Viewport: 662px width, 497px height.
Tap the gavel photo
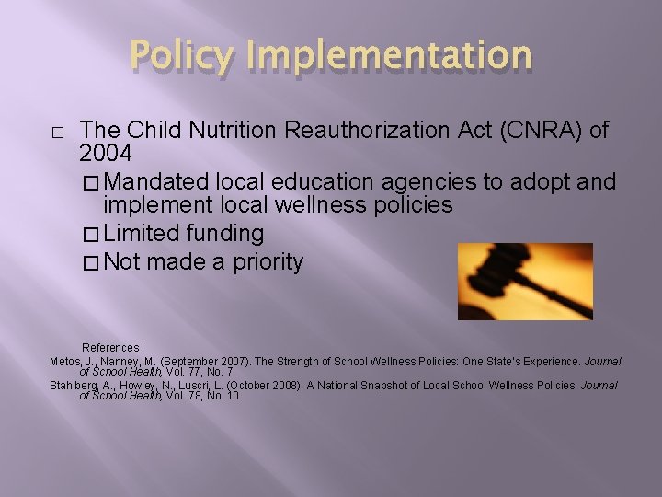pyautogui.click(x=525, y=281)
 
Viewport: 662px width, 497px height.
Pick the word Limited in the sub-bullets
pyautogui.click(x=143, y=234)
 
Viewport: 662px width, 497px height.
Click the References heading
pyautogui.click(x=113, y=348)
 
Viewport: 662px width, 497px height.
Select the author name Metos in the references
pyautogui.click(x=63, y=361)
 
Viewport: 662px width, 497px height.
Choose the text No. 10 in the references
pyautogui.click(x=221, y=396)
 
